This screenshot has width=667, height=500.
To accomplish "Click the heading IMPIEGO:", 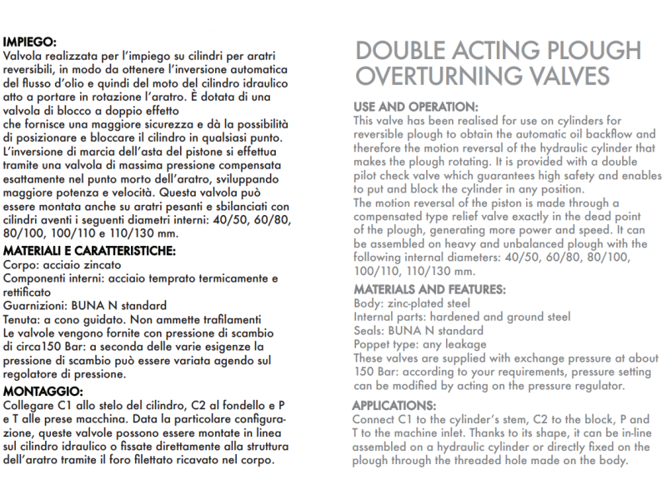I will (x=30, y=41).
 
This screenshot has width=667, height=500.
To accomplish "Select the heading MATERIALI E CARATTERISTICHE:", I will (x=89, y=251).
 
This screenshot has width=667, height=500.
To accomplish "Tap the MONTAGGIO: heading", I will (x=43, y=391).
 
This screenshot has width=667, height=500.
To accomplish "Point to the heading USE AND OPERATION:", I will (x=416, y=107).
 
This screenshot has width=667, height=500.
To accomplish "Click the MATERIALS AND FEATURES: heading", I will (x=429, y=289).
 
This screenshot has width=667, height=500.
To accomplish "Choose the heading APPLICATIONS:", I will (x=395, y=405).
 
